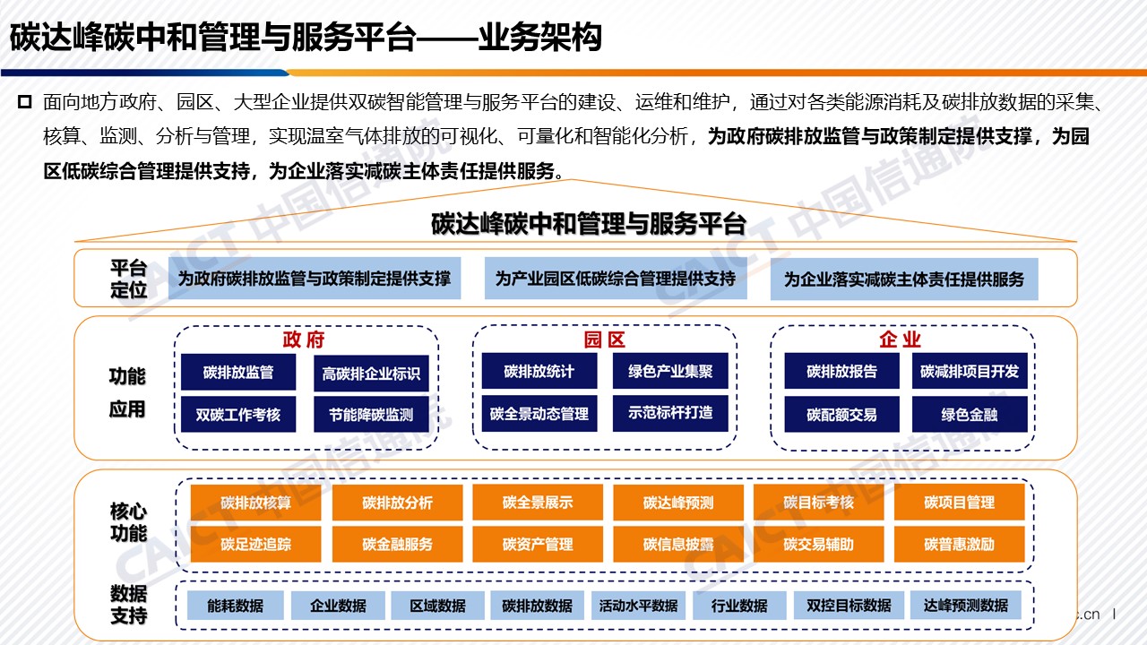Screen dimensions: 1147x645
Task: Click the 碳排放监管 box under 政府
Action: point(238,372)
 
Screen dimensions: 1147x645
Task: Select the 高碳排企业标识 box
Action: point(371,374)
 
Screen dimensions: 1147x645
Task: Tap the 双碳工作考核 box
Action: point(238,414)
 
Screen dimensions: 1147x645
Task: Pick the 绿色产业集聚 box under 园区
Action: point(670,371)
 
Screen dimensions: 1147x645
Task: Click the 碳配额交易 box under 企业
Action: point(841,414)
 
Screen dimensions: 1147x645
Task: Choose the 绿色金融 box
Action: point(970,414)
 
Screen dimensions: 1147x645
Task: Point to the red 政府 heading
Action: point(304,340)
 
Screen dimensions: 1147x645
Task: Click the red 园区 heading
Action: point(604,340)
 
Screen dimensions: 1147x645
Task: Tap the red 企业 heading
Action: point(901,340)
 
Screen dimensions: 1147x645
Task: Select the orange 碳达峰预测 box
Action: point(678,503)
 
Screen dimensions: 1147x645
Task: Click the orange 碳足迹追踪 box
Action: point(256,544)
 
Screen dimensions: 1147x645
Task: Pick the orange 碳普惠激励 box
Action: point(960,544)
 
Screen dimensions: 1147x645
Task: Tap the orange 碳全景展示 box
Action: point(538,503)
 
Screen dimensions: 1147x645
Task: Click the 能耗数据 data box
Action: point(236,606)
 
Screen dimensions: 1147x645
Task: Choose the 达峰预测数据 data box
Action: point(966,606)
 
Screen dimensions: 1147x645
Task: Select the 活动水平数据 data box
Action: point(639,606)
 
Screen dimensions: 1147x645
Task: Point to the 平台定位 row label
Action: point(128,279)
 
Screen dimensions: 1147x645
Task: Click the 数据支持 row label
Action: point(128,605)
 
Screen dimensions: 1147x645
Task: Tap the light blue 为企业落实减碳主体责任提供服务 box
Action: point(904,279)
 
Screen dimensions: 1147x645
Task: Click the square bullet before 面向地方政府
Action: point(24,102)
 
